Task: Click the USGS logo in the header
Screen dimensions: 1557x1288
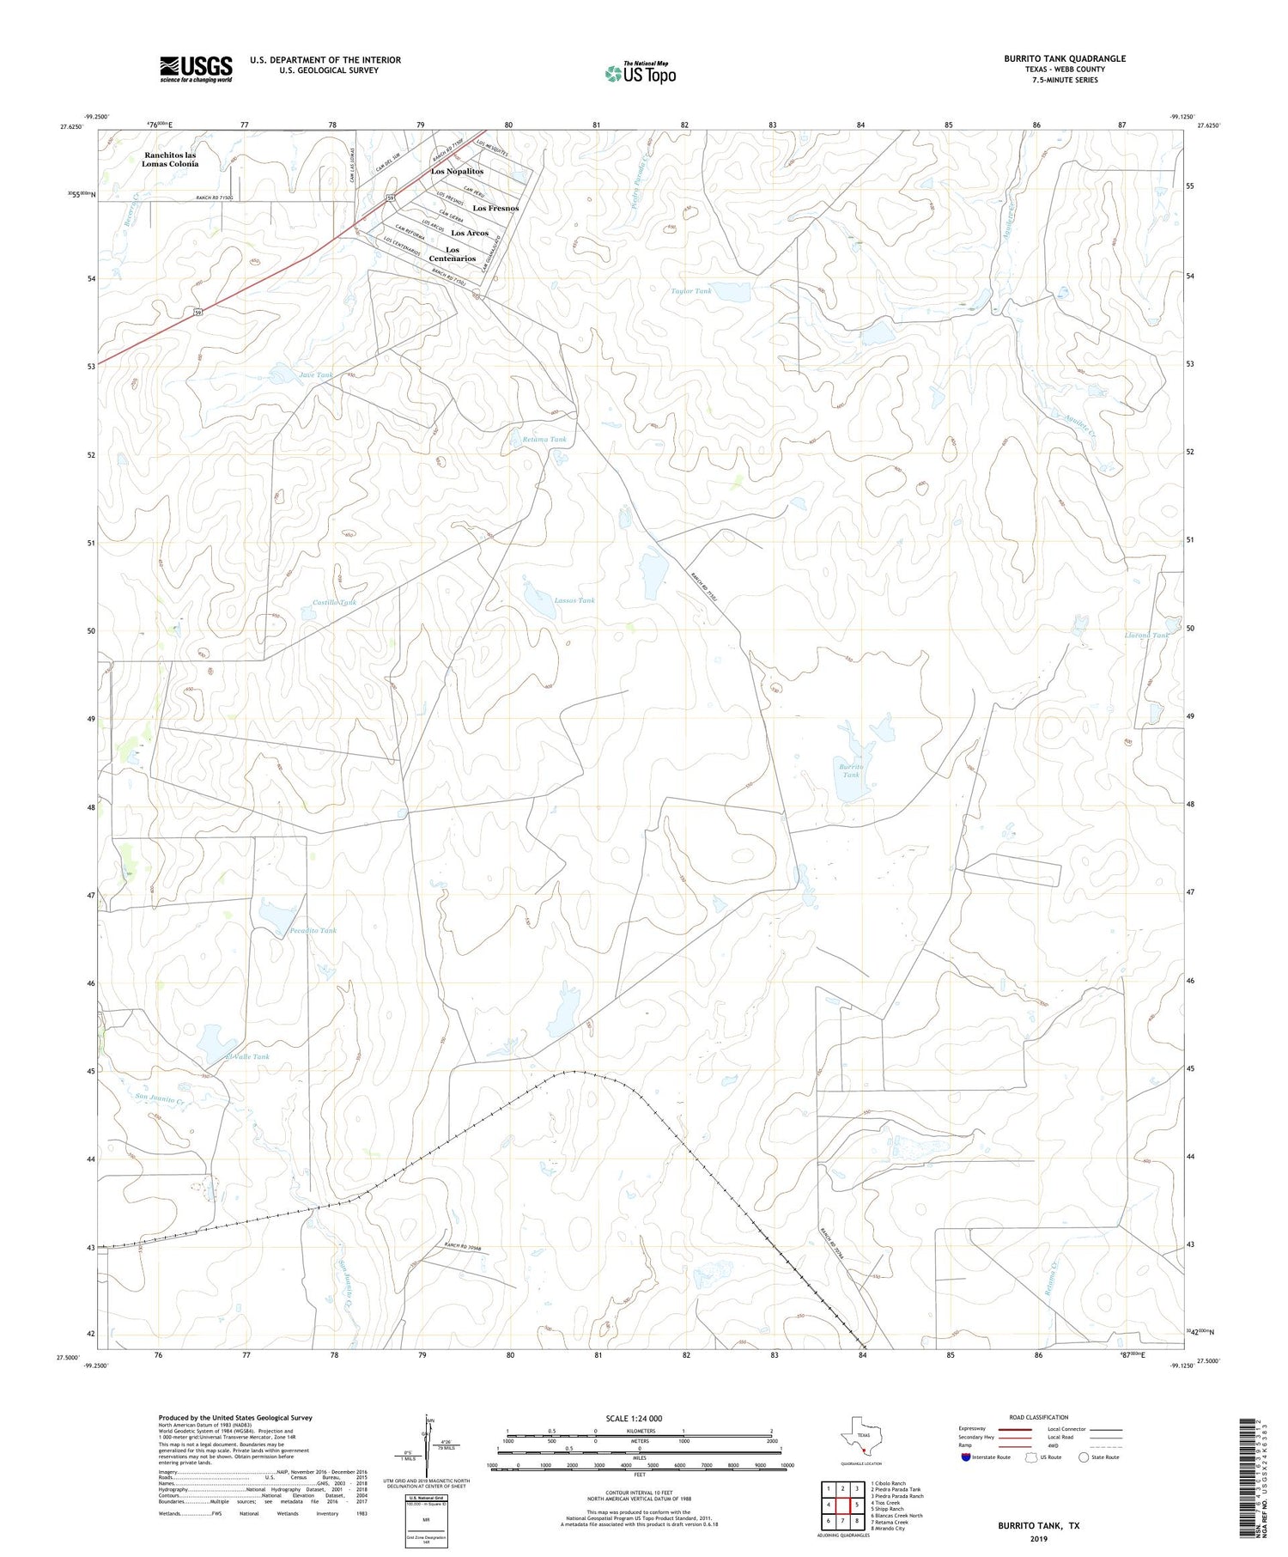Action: click(196, 69)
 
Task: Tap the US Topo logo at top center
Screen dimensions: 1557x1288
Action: click(640, 73)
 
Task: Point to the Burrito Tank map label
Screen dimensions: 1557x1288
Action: click(850, 769)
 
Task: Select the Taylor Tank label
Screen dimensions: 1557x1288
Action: click(691, 291)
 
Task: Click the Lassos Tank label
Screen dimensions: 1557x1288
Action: click(574, 600)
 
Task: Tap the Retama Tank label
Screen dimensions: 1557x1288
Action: click(544, 440)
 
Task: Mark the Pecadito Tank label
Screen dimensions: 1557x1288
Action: click(313, 930)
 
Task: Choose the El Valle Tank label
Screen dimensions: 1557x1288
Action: click(246, 1056)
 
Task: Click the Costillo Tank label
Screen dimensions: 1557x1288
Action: click(328, 603)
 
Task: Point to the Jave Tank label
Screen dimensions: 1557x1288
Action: click(315, 375)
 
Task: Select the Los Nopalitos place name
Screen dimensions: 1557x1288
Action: click(457, 172)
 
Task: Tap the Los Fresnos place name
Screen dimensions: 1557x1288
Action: click(495, 209)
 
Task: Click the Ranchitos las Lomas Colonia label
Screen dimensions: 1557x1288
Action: click(170, 160)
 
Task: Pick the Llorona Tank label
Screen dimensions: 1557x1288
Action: click(1146, 636)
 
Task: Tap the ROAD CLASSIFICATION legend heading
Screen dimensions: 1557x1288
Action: click(1038, 1417)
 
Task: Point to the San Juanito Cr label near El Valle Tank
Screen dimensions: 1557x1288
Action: click(161, 1098)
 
